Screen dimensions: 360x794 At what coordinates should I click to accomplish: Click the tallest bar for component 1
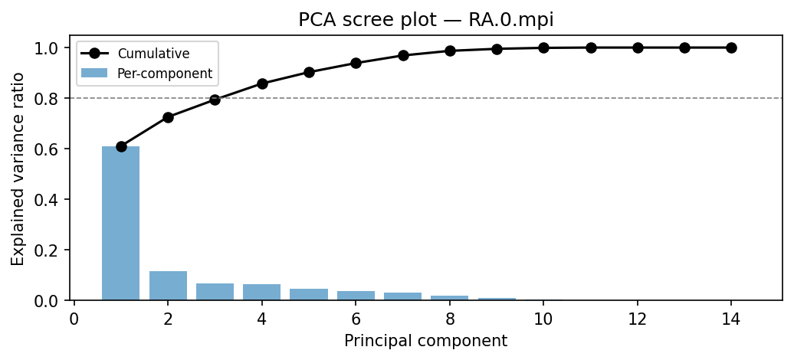(121, 223)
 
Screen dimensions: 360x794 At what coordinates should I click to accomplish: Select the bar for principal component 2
(168, 286)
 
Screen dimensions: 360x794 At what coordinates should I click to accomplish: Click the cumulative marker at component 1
(121, 146)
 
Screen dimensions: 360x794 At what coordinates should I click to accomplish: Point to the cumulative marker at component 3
(215, 100)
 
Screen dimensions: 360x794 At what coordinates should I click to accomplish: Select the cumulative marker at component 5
(309, 72)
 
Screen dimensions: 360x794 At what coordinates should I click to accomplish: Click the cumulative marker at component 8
(450, 51)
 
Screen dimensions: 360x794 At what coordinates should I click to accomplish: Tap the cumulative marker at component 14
(731, 47)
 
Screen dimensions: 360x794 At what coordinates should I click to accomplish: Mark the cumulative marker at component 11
(591, 47)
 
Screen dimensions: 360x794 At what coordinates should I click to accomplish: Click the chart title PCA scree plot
(425, 21)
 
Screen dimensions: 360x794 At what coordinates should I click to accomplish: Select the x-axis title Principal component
(425, 341)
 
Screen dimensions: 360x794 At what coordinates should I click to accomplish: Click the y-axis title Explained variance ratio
(18, 168)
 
